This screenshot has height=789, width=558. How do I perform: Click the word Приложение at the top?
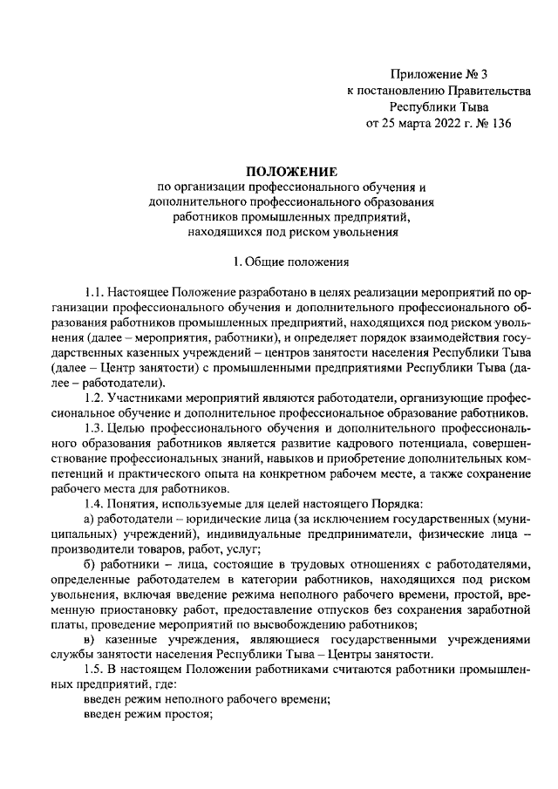[x=423, y=76]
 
